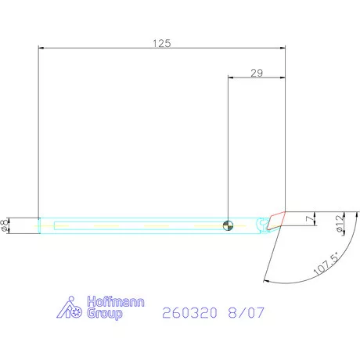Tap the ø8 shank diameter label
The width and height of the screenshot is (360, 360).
pyautogui.click(x=5, y=225)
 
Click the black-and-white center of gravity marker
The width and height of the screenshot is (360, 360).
pyautogui.click(x=227, y=225)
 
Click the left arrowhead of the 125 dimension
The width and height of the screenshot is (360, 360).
pyautogui.click(x=41, y=49)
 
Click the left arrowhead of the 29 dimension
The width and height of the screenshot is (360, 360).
pyautogui.click(x=230, y=77)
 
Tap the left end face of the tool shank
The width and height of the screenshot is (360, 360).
pyautogui.click(x=39, y=225)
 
